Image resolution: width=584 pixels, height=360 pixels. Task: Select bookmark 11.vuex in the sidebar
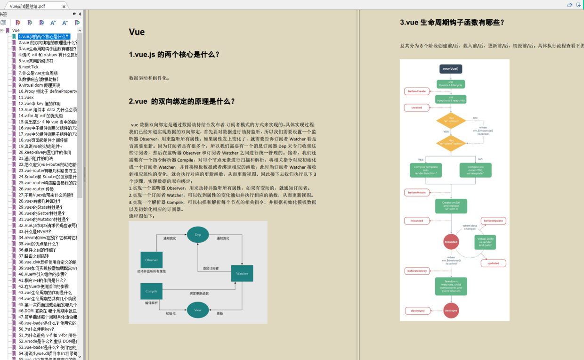point(26,98)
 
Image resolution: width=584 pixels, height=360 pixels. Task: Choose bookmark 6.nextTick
point(28,67)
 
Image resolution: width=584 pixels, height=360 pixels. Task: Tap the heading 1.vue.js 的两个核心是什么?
point(174,55)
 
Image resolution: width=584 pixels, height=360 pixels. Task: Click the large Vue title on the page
point(137,32)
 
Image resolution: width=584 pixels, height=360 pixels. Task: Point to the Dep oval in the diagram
point(198,235)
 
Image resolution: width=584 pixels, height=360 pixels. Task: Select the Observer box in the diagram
point(152,260)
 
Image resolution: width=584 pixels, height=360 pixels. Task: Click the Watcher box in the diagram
point(242,273)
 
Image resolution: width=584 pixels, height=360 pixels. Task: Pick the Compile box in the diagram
point(151,291)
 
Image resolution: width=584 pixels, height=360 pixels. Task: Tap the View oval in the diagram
point(198,310)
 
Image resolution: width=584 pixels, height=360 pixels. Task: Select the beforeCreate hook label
point(417,91)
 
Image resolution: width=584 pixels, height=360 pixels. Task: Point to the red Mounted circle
point(451,242)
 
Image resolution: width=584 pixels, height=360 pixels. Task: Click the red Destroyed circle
point(451,311)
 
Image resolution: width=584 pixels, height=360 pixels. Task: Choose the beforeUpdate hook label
point(494,221)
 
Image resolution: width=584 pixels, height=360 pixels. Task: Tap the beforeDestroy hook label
point(417,271)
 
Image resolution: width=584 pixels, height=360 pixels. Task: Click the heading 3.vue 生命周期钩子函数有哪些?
point(452,23)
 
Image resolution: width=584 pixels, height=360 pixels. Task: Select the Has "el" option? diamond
point(451,120)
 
